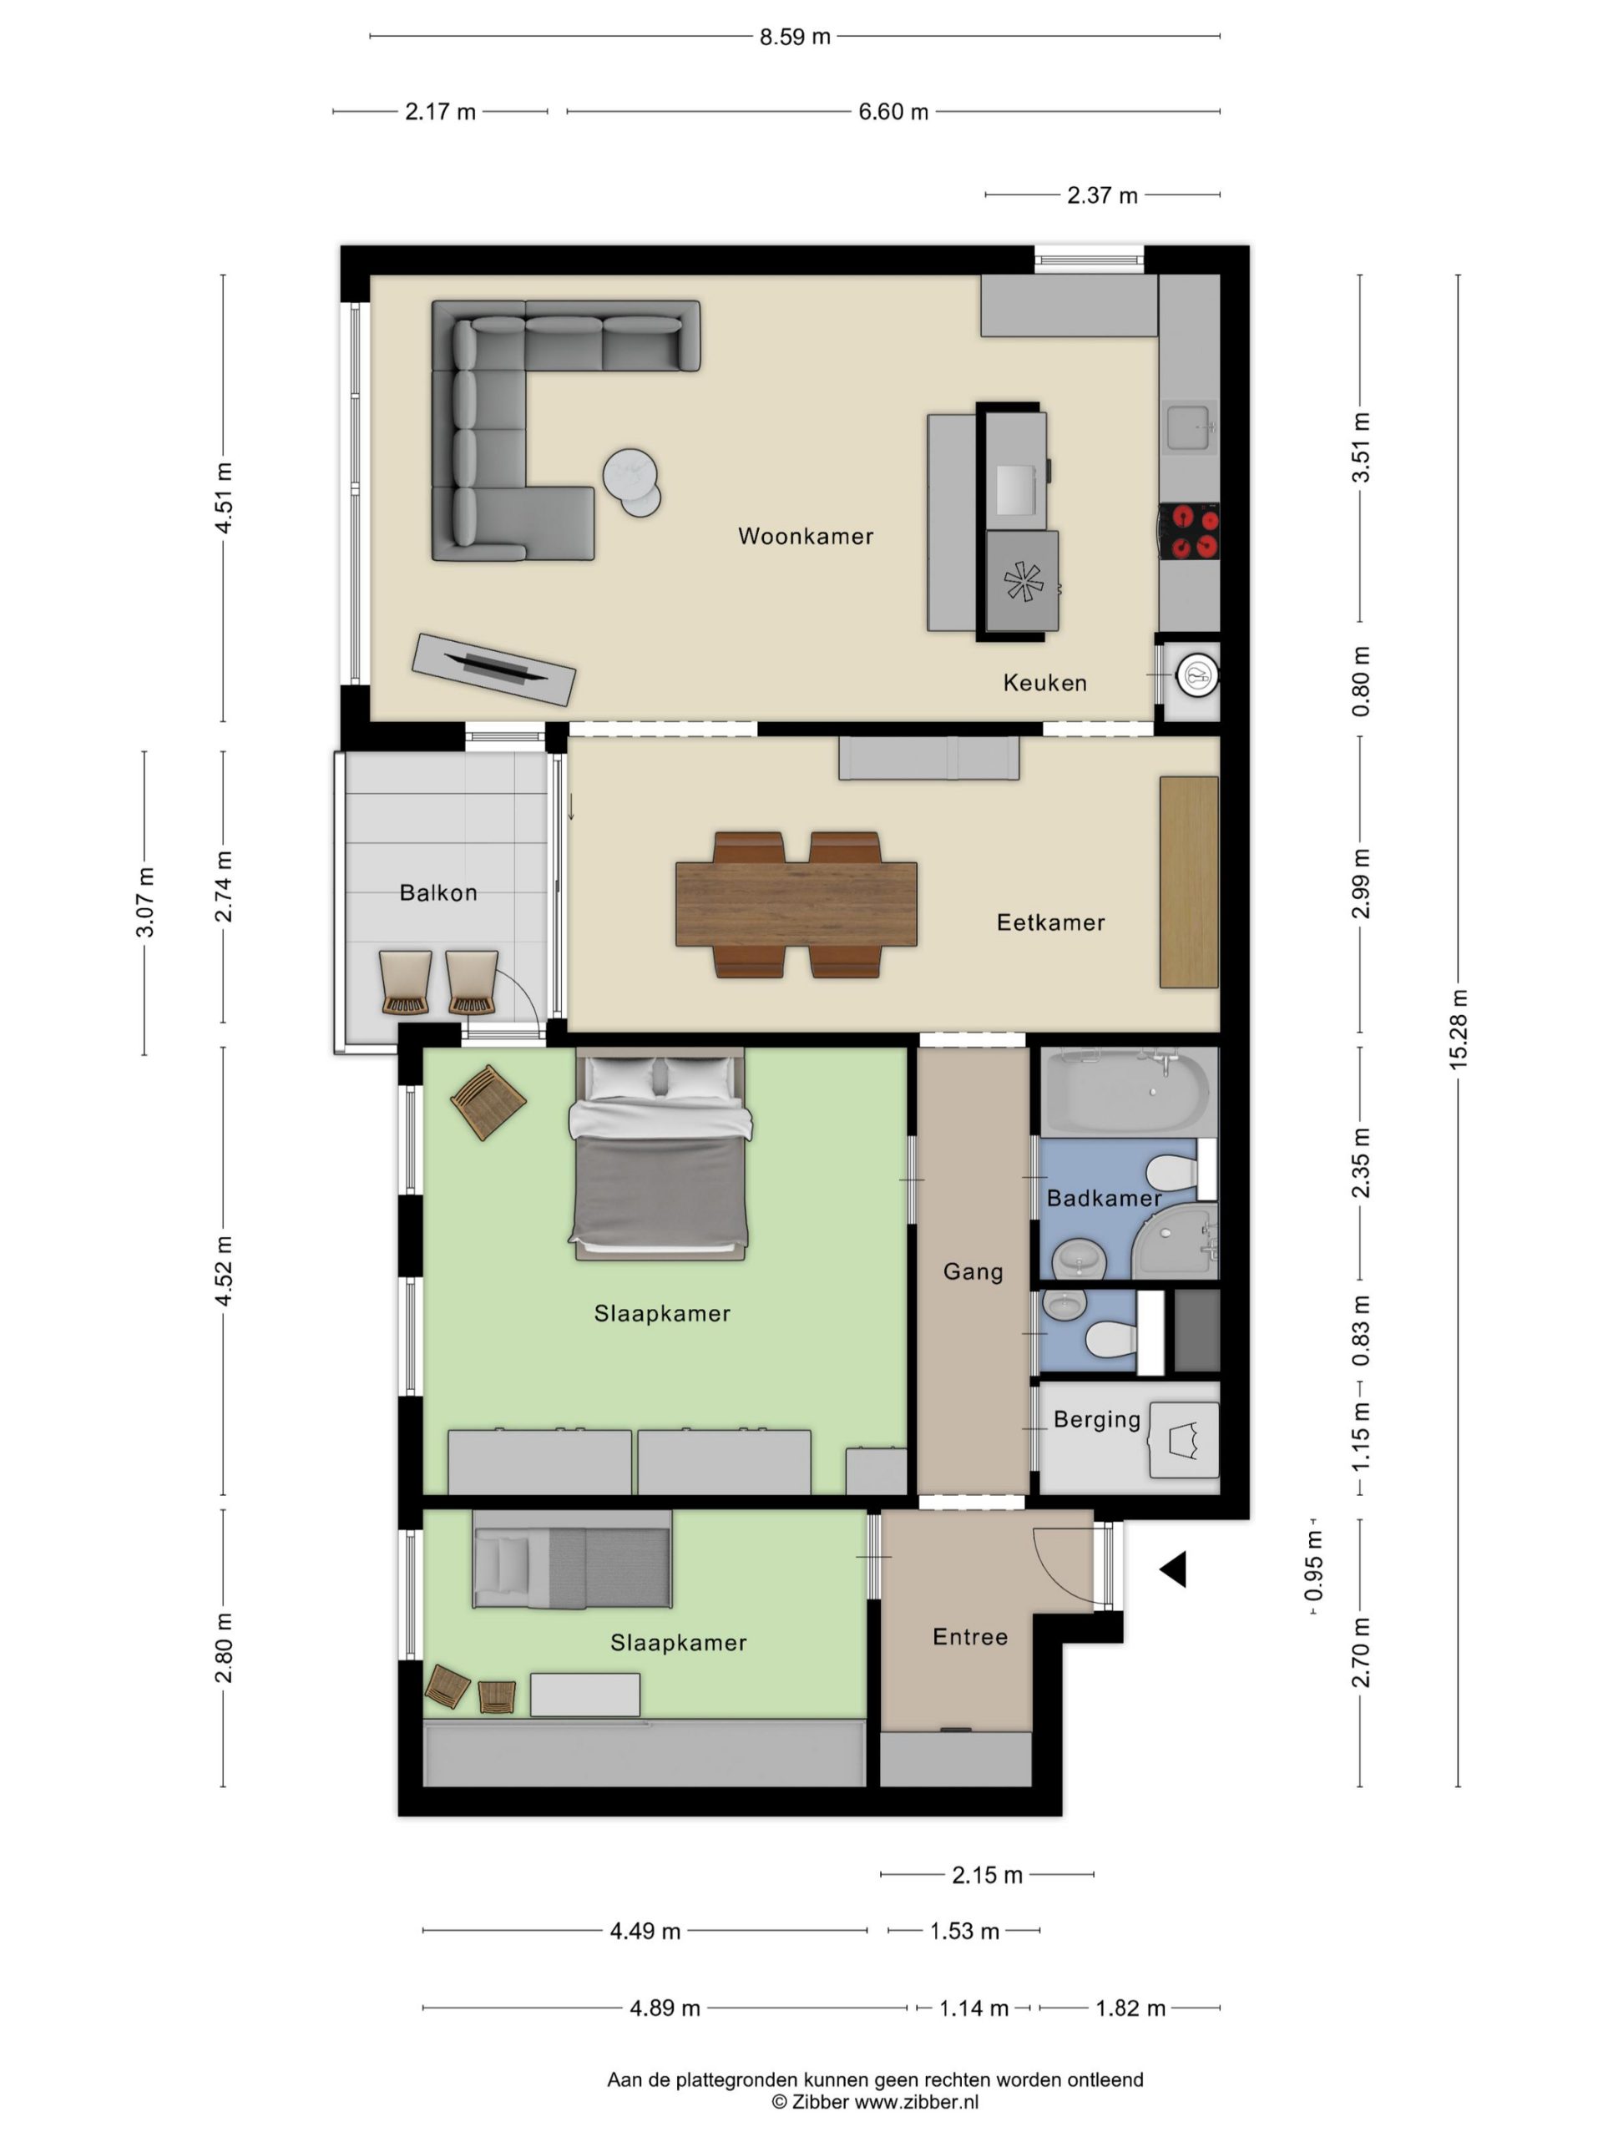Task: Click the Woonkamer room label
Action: (805, 536)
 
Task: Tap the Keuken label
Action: (1044, 683)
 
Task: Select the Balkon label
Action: (437, 892)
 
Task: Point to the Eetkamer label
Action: (1050, 922)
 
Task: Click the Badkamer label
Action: (1104, 1198)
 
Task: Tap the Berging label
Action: (1097, 1419)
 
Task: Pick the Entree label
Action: (969, 1637)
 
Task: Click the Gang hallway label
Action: (973, 1271)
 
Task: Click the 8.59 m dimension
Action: (794, 37)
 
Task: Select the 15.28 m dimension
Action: (1457, 1029)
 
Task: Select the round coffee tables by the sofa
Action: (632, 483)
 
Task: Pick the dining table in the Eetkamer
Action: (796, 904)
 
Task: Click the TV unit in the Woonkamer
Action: (493, 669)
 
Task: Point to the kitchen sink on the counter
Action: (1189, 428)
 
